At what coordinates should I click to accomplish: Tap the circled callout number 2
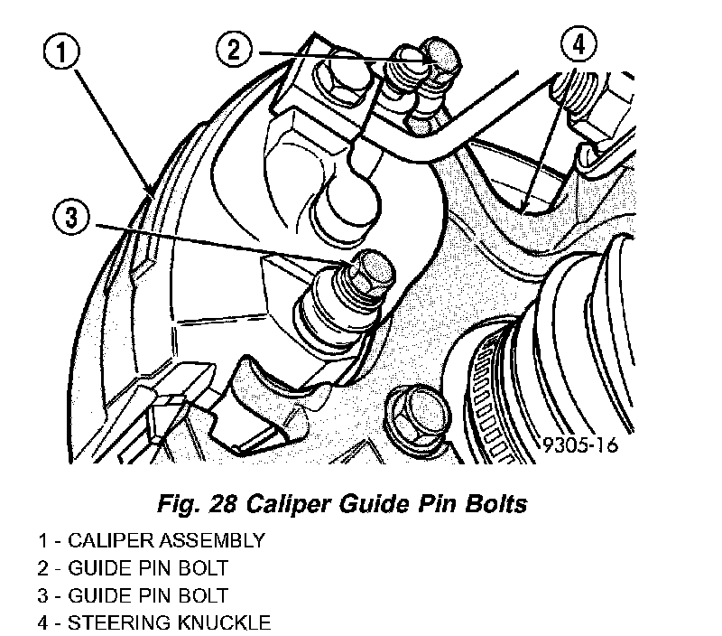point(234,49)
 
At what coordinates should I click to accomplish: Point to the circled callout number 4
point(579,44)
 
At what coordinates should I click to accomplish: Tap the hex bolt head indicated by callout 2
point(440,58)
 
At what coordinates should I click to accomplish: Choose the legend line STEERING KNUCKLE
point(153,622)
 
